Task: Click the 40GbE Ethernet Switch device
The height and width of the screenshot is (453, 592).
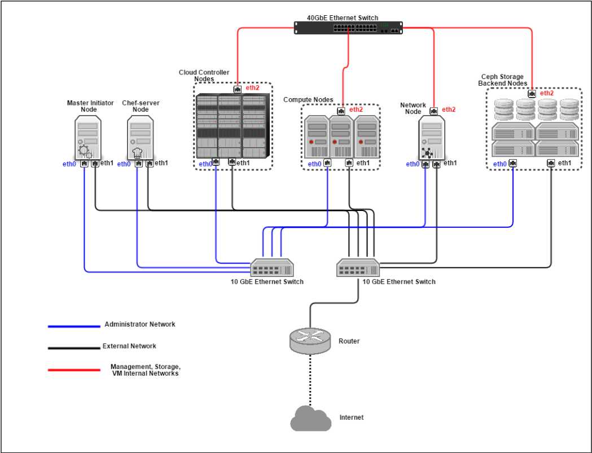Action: pos(349,27)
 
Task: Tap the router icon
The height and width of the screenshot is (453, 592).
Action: pos(309,338)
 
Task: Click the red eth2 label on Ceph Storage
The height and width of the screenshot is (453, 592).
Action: pos(546,93)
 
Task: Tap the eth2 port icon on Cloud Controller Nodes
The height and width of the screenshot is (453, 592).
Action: pos(238,89)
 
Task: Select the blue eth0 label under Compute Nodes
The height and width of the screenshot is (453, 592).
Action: pos(315,164)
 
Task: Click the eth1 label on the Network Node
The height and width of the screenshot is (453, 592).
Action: pos(450,163)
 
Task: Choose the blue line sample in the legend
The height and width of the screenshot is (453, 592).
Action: pos(74,326)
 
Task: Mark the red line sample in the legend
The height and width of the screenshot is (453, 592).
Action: pos(74,370)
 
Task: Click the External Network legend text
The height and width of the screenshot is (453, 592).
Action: pos(129,346)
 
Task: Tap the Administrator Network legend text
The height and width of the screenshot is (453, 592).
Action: pos(140,324)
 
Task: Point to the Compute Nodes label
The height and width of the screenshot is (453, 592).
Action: pos(308,100)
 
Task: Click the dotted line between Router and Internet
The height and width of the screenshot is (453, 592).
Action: pos(309,378)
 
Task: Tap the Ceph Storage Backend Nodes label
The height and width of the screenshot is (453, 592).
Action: pos(503,80)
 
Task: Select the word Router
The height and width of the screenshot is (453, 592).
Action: pos(349,341)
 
